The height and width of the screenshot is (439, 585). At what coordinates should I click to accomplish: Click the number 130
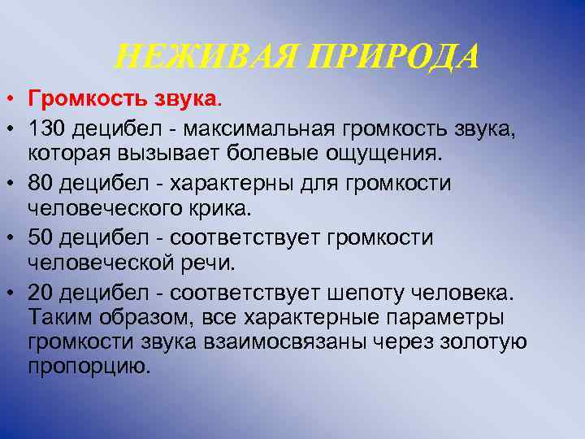pos(48,128)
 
